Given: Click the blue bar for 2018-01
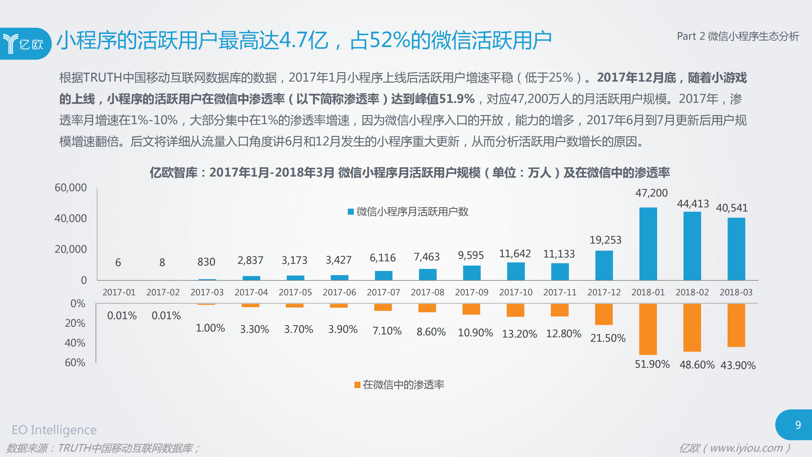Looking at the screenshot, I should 648,244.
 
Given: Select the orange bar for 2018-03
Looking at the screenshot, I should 736,325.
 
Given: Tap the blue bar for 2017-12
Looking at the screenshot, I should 604,265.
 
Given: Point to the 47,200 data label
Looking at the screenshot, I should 651,193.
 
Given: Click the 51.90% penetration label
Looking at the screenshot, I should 652,364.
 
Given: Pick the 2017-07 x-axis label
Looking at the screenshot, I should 383,292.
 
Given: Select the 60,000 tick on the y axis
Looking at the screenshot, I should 70,187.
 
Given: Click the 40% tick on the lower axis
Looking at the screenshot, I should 75,343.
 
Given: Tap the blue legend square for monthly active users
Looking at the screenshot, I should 351,212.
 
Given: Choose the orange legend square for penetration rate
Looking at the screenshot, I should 357,385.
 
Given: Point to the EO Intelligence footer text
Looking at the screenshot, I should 54,430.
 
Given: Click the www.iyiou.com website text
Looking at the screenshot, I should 746,448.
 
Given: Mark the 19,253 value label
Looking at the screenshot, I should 605,240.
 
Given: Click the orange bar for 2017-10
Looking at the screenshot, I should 515,310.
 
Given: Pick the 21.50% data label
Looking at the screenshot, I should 608,338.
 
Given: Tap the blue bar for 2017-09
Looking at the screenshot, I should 472,273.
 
